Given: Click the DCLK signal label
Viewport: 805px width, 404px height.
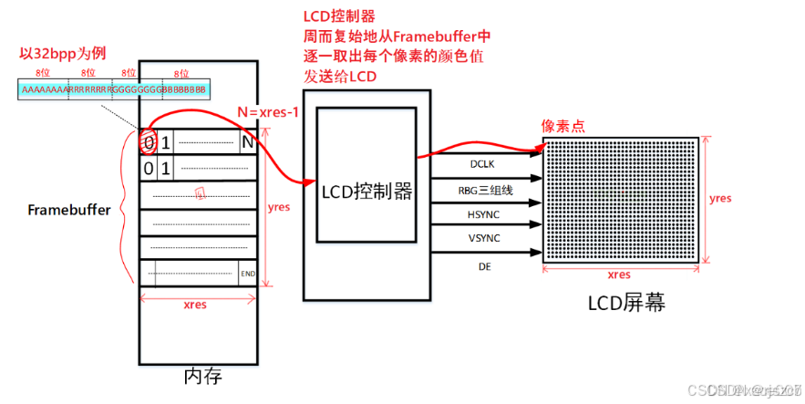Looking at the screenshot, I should coord(480,165).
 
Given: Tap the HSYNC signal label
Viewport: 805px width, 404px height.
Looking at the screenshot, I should coord(480,214).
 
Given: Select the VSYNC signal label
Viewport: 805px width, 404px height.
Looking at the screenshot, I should coord(480,238).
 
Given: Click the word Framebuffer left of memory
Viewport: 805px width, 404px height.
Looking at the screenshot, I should coord(68,210).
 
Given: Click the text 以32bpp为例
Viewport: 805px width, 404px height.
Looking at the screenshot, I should coord(59,54).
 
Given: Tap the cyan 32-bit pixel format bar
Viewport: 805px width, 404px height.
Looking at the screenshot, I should coord(113,89).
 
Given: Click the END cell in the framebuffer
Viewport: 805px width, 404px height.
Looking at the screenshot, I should coord(247,273).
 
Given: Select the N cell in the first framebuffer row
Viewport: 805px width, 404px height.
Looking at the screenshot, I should coord(247,142).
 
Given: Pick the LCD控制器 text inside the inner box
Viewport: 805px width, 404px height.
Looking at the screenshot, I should coord(366,192).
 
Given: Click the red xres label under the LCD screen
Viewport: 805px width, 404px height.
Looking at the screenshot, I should coord(619,274).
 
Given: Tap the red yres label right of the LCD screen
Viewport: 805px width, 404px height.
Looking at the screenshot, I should coord(720,198).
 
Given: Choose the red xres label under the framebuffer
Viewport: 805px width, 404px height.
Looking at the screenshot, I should coord(195,305).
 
